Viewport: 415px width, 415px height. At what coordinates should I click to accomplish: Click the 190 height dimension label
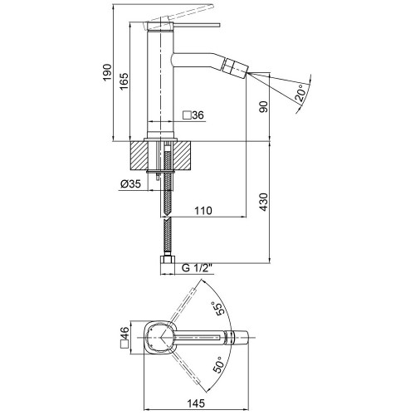point(107,72)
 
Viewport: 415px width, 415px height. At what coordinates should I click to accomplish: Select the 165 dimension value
point(124,81)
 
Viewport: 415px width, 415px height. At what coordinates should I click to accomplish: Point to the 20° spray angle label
point(301,93)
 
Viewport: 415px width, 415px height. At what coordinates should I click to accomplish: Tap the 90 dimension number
point(264,106)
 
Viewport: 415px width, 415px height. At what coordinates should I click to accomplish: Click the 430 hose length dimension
point(264,202)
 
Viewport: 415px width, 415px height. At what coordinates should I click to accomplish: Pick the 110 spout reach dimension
point(203,211)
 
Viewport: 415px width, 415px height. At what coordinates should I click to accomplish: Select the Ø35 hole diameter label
point(131,183)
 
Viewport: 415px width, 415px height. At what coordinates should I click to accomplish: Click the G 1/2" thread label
point(197,268)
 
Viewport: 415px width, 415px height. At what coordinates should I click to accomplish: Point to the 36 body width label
point(198,115)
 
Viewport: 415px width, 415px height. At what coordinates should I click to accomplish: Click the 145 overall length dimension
point(196,403)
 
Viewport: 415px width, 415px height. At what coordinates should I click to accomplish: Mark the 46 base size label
point(124,334)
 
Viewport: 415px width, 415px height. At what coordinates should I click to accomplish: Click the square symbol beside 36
point(187,115)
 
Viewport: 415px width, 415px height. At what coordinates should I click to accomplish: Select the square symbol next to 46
point(124,344)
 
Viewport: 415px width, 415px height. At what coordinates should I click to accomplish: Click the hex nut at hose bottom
point(168,261)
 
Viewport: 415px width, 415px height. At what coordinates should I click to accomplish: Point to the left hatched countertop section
point(139,155)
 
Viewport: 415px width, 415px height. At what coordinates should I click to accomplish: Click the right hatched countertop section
point(183,155)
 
